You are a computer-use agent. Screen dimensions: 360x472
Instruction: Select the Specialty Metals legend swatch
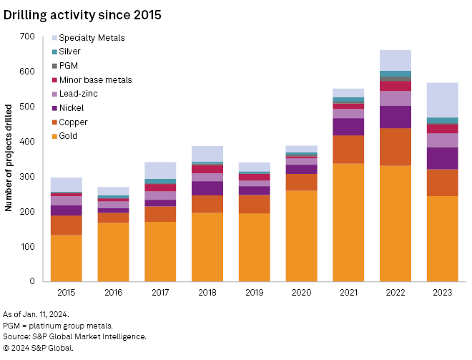[x=54, y=38]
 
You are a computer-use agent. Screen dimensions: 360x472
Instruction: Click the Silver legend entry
[x=69, y=52]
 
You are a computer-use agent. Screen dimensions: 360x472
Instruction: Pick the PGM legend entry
[x=69, y=66]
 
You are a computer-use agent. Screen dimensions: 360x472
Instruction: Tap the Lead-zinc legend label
[x=79, y=94]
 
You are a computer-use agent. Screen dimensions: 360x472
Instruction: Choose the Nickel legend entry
[x=72, y=108]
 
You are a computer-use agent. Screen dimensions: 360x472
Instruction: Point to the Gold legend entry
[x=68, y=136]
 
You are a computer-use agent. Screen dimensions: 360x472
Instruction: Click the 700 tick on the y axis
[x=27, y=37]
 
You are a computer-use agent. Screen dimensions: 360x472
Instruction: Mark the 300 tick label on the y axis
[x=27, y=177]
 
